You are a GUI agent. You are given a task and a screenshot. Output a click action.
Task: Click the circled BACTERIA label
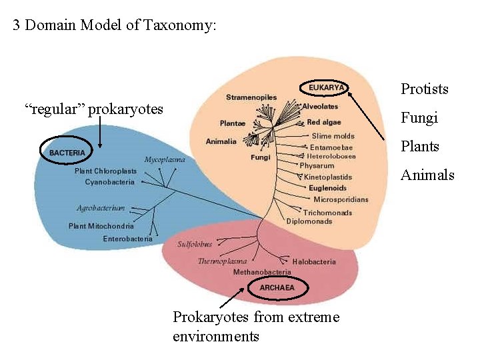[x=67, y=153]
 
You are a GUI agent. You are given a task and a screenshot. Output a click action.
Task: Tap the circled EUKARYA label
[x=326, y=87]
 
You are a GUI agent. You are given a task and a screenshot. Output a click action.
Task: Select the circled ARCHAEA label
[x=277, y=288]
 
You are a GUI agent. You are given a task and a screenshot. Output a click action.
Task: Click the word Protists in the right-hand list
[x=424, y=89]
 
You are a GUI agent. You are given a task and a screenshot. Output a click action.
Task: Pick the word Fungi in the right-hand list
[x=419, y=118]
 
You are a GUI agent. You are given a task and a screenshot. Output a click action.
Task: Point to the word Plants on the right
[x=420, y=147]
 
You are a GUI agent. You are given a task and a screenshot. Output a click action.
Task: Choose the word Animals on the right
[x=427, y=175]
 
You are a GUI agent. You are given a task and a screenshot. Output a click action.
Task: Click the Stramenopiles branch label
[x=251, y=97]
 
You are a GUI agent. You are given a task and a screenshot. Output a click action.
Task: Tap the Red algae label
[x=324, y=123]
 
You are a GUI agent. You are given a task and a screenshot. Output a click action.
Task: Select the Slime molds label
[x=333, y=136]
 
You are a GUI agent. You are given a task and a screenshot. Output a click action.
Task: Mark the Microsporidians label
[x=341, y=199]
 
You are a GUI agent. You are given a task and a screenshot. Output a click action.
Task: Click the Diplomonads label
[x=309, y=221]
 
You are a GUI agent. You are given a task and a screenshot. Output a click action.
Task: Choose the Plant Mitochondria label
[x=101, y=226]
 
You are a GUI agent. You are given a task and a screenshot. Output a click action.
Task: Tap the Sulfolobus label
[x=195, y=244]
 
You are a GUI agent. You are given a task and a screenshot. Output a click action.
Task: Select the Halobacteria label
[x=314, y=262]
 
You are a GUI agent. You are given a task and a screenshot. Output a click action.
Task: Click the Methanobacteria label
[x=262, y=272]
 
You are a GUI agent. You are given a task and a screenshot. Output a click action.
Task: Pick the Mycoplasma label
[x=165, y=160]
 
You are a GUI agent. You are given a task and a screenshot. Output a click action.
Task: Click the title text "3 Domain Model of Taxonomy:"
[x=115, y=26]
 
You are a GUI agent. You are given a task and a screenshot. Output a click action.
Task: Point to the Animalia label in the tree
[x=221, y=141]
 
